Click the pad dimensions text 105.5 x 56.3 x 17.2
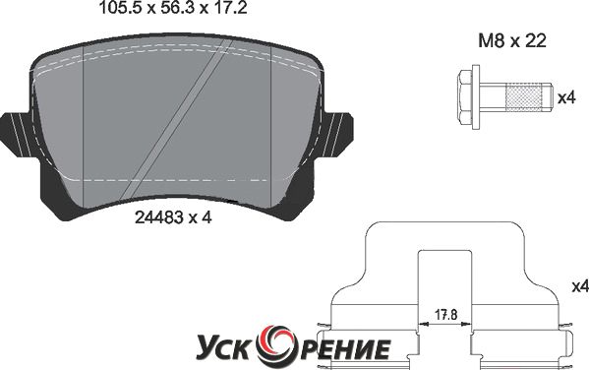pos(172,8)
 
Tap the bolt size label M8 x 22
pos(512,40)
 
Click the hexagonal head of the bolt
pos(464,97)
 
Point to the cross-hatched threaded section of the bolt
pos(525,97)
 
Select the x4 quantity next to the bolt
pos(566,98)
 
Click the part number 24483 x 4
pos(173,217)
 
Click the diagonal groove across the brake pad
pos(177,120)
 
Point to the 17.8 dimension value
pos(445,314)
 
